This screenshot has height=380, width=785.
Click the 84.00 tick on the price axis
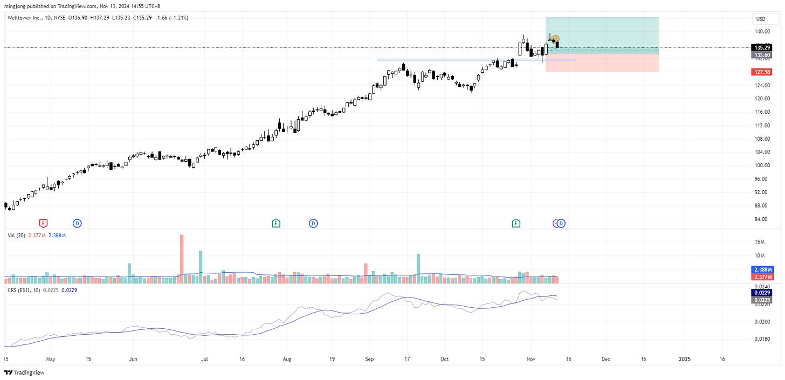761,219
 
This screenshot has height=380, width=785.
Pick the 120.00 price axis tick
761,99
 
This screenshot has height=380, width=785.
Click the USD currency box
761,19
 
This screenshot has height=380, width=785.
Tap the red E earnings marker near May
43,223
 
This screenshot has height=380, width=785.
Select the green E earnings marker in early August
276,223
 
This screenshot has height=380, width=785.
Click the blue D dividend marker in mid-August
313,223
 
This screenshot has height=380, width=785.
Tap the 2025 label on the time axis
684,358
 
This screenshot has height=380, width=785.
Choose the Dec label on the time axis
606,358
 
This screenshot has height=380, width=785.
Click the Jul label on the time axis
204,358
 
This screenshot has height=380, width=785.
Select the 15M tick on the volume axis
760,242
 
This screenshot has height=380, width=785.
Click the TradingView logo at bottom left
24,372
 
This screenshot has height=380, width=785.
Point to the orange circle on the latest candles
555,39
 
